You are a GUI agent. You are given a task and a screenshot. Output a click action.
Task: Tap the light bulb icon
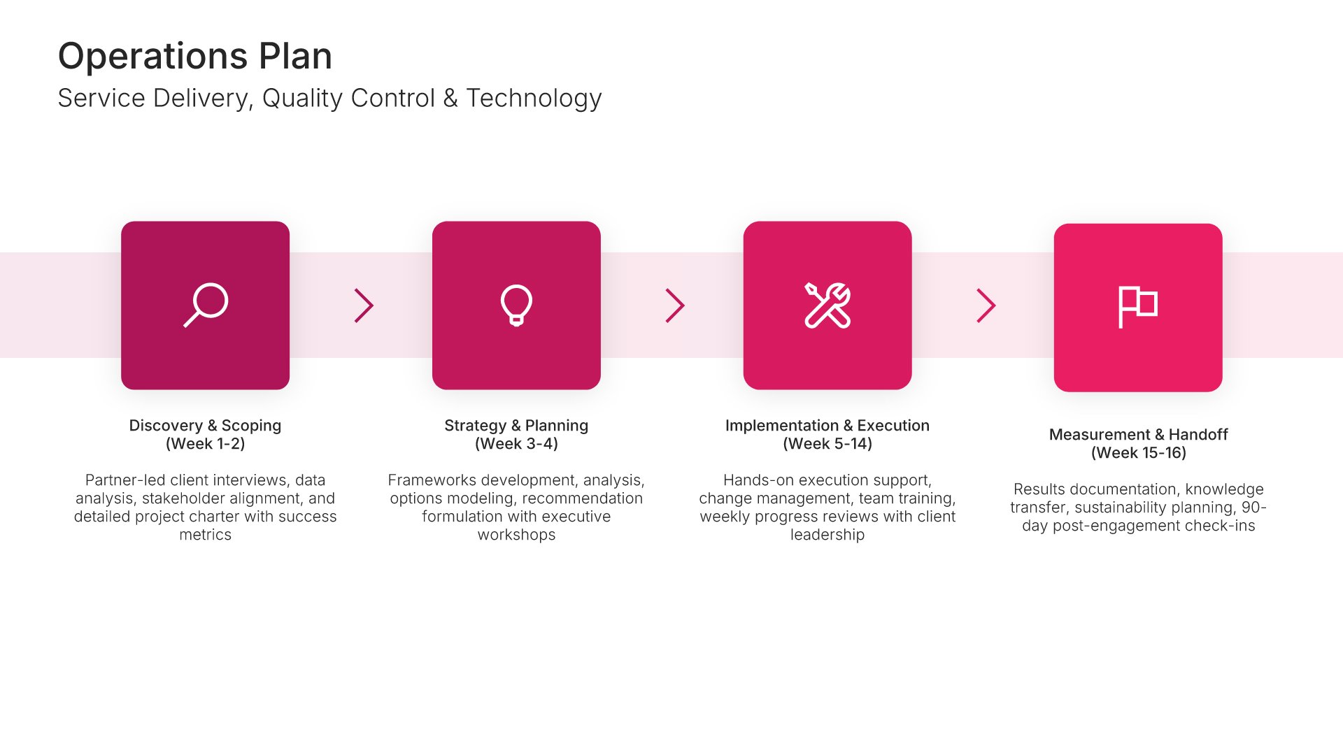(516, 305)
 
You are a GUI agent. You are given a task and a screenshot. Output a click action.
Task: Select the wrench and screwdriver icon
(827, 305)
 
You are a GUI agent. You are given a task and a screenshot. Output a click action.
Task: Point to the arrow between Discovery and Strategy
(364, 305)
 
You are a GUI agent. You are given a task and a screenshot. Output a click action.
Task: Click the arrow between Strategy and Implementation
(675, 305)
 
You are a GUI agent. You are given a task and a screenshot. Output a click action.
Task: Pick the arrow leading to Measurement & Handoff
(986, 305)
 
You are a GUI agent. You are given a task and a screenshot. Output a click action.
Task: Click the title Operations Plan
(195, 56)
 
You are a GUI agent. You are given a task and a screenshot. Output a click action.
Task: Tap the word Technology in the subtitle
(534, 99)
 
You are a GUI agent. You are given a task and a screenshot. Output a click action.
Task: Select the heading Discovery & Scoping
(205, 425)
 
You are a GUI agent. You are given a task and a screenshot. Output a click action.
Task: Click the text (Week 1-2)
(205, 444)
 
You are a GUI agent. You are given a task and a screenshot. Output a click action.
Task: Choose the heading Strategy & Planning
(516, 426)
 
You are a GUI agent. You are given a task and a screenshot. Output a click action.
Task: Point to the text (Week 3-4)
(516, 444)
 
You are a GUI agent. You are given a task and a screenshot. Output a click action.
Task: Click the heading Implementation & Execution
(827, 425)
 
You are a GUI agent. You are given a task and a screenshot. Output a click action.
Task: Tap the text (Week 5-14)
(827, 444)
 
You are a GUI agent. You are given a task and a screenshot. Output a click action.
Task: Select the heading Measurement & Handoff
(1138, 434)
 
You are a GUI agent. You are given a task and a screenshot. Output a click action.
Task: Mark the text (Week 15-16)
(1138, 453)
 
